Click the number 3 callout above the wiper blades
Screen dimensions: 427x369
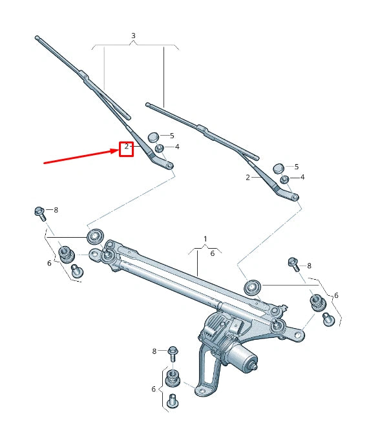(133, 35)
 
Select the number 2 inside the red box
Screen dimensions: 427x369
(126, 148)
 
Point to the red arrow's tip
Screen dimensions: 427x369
(118, 151)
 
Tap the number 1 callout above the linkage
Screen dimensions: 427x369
(206, 239)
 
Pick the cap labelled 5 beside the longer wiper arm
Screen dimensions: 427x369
(153, 136)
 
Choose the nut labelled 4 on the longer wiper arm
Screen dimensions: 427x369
(159, 149)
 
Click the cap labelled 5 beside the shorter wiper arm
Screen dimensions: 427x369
(279, 168)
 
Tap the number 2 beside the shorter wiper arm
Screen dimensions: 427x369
(248, 177)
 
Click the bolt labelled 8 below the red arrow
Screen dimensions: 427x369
(39, 211)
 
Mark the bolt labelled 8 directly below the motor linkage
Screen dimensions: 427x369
(173, 352)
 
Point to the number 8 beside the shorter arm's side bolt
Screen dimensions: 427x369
(309, 266)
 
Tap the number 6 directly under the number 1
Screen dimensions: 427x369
(212, 254)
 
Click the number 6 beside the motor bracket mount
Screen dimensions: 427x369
(153, 389)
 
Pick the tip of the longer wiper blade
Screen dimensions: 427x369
(37, 38)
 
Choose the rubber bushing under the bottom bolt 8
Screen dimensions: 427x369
(173, 379)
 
